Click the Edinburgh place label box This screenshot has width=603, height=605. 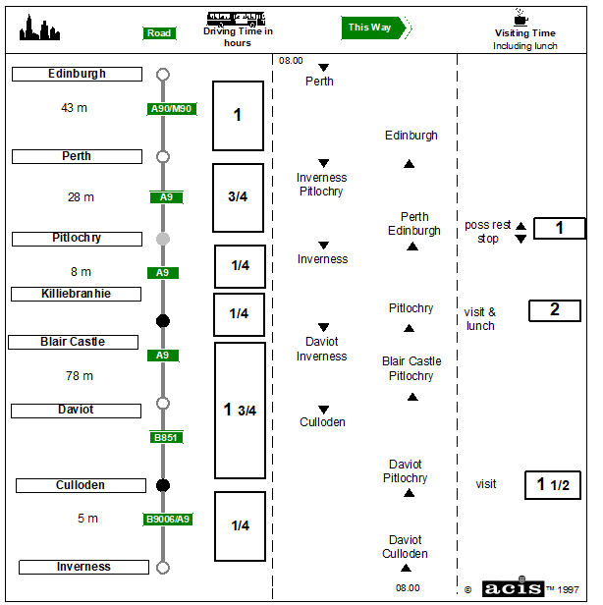point(77,74)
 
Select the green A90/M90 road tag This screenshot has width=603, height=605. point(172,109)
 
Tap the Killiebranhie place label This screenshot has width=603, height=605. point(76,294)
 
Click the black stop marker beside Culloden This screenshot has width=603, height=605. point(163,485)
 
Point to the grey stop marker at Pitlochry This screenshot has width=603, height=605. point(163,239)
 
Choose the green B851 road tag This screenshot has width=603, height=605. point(166,437)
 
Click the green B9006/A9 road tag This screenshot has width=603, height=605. point(169,520)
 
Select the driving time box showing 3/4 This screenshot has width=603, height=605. point(238,197)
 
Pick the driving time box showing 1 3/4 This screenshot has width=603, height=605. point(240,410)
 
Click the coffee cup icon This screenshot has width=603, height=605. point(520,17)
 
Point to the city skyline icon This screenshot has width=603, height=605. point(40,28)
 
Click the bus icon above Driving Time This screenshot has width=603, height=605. point(237,17)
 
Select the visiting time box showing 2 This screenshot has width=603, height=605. point(554,310)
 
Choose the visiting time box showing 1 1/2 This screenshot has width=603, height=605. point(552,484)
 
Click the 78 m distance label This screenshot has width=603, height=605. point(80,376)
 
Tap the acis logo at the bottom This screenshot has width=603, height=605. point(512,587)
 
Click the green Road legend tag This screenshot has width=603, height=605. point(159,33)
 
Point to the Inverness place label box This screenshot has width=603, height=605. point(83,567)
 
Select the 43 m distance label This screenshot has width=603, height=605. point(74,108)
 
